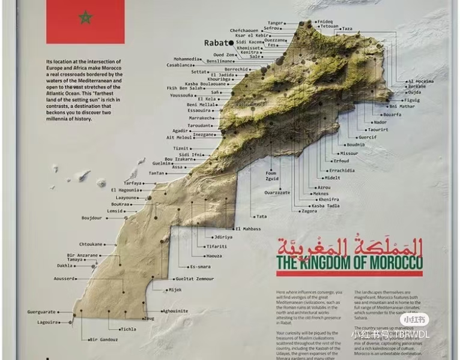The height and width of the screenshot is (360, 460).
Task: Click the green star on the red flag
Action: coord(85,17)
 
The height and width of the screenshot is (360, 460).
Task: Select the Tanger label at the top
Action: coord(275,23)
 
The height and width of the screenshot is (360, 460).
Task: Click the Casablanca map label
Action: coord(180,64)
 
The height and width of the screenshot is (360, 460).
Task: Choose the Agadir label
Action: coord(180,130)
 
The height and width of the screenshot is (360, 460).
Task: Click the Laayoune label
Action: coord(127,197)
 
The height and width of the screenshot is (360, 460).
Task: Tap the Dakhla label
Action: coord(65,265)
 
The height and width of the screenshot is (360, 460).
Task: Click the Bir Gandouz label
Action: coord(104,340)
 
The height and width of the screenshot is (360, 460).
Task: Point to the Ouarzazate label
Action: coord(277,193)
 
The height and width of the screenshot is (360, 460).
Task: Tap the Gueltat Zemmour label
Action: coord(194,279)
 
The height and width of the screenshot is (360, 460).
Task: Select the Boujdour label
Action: coord(91,218)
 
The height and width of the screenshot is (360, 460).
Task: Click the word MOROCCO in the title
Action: coord(392,263)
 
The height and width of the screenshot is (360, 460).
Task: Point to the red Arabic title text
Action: coord(349,246)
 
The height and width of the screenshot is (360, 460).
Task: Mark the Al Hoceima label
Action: coord(421,81)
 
